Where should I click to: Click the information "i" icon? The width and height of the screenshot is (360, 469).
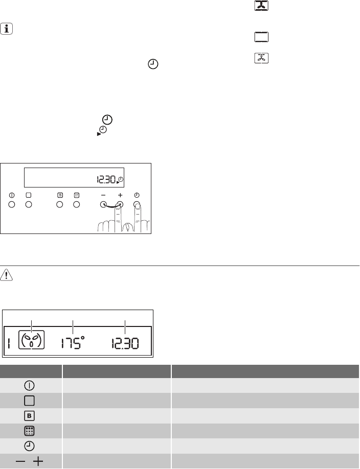(6, 29)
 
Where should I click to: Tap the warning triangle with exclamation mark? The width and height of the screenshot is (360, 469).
(6, 275)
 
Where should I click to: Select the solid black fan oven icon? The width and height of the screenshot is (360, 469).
(261, 6)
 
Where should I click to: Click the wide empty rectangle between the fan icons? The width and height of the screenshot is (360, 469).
(261, 37)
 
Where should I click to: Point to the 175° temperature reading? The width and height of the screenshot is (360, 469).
(73, 343)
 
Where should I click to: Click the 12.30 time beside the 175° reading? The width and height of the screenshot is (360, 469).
(125, 343)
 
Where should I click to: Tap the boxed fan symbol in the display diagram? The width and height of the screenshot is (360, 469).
(31, 340)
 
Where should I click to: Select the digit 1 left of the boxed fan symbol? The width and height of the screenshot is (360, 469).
(9, 343)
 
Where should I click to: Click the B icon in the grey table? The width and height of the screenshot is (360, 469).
(29, 416)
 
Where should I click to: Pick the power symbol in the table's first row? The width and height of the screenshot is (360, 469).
(29, 386)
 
